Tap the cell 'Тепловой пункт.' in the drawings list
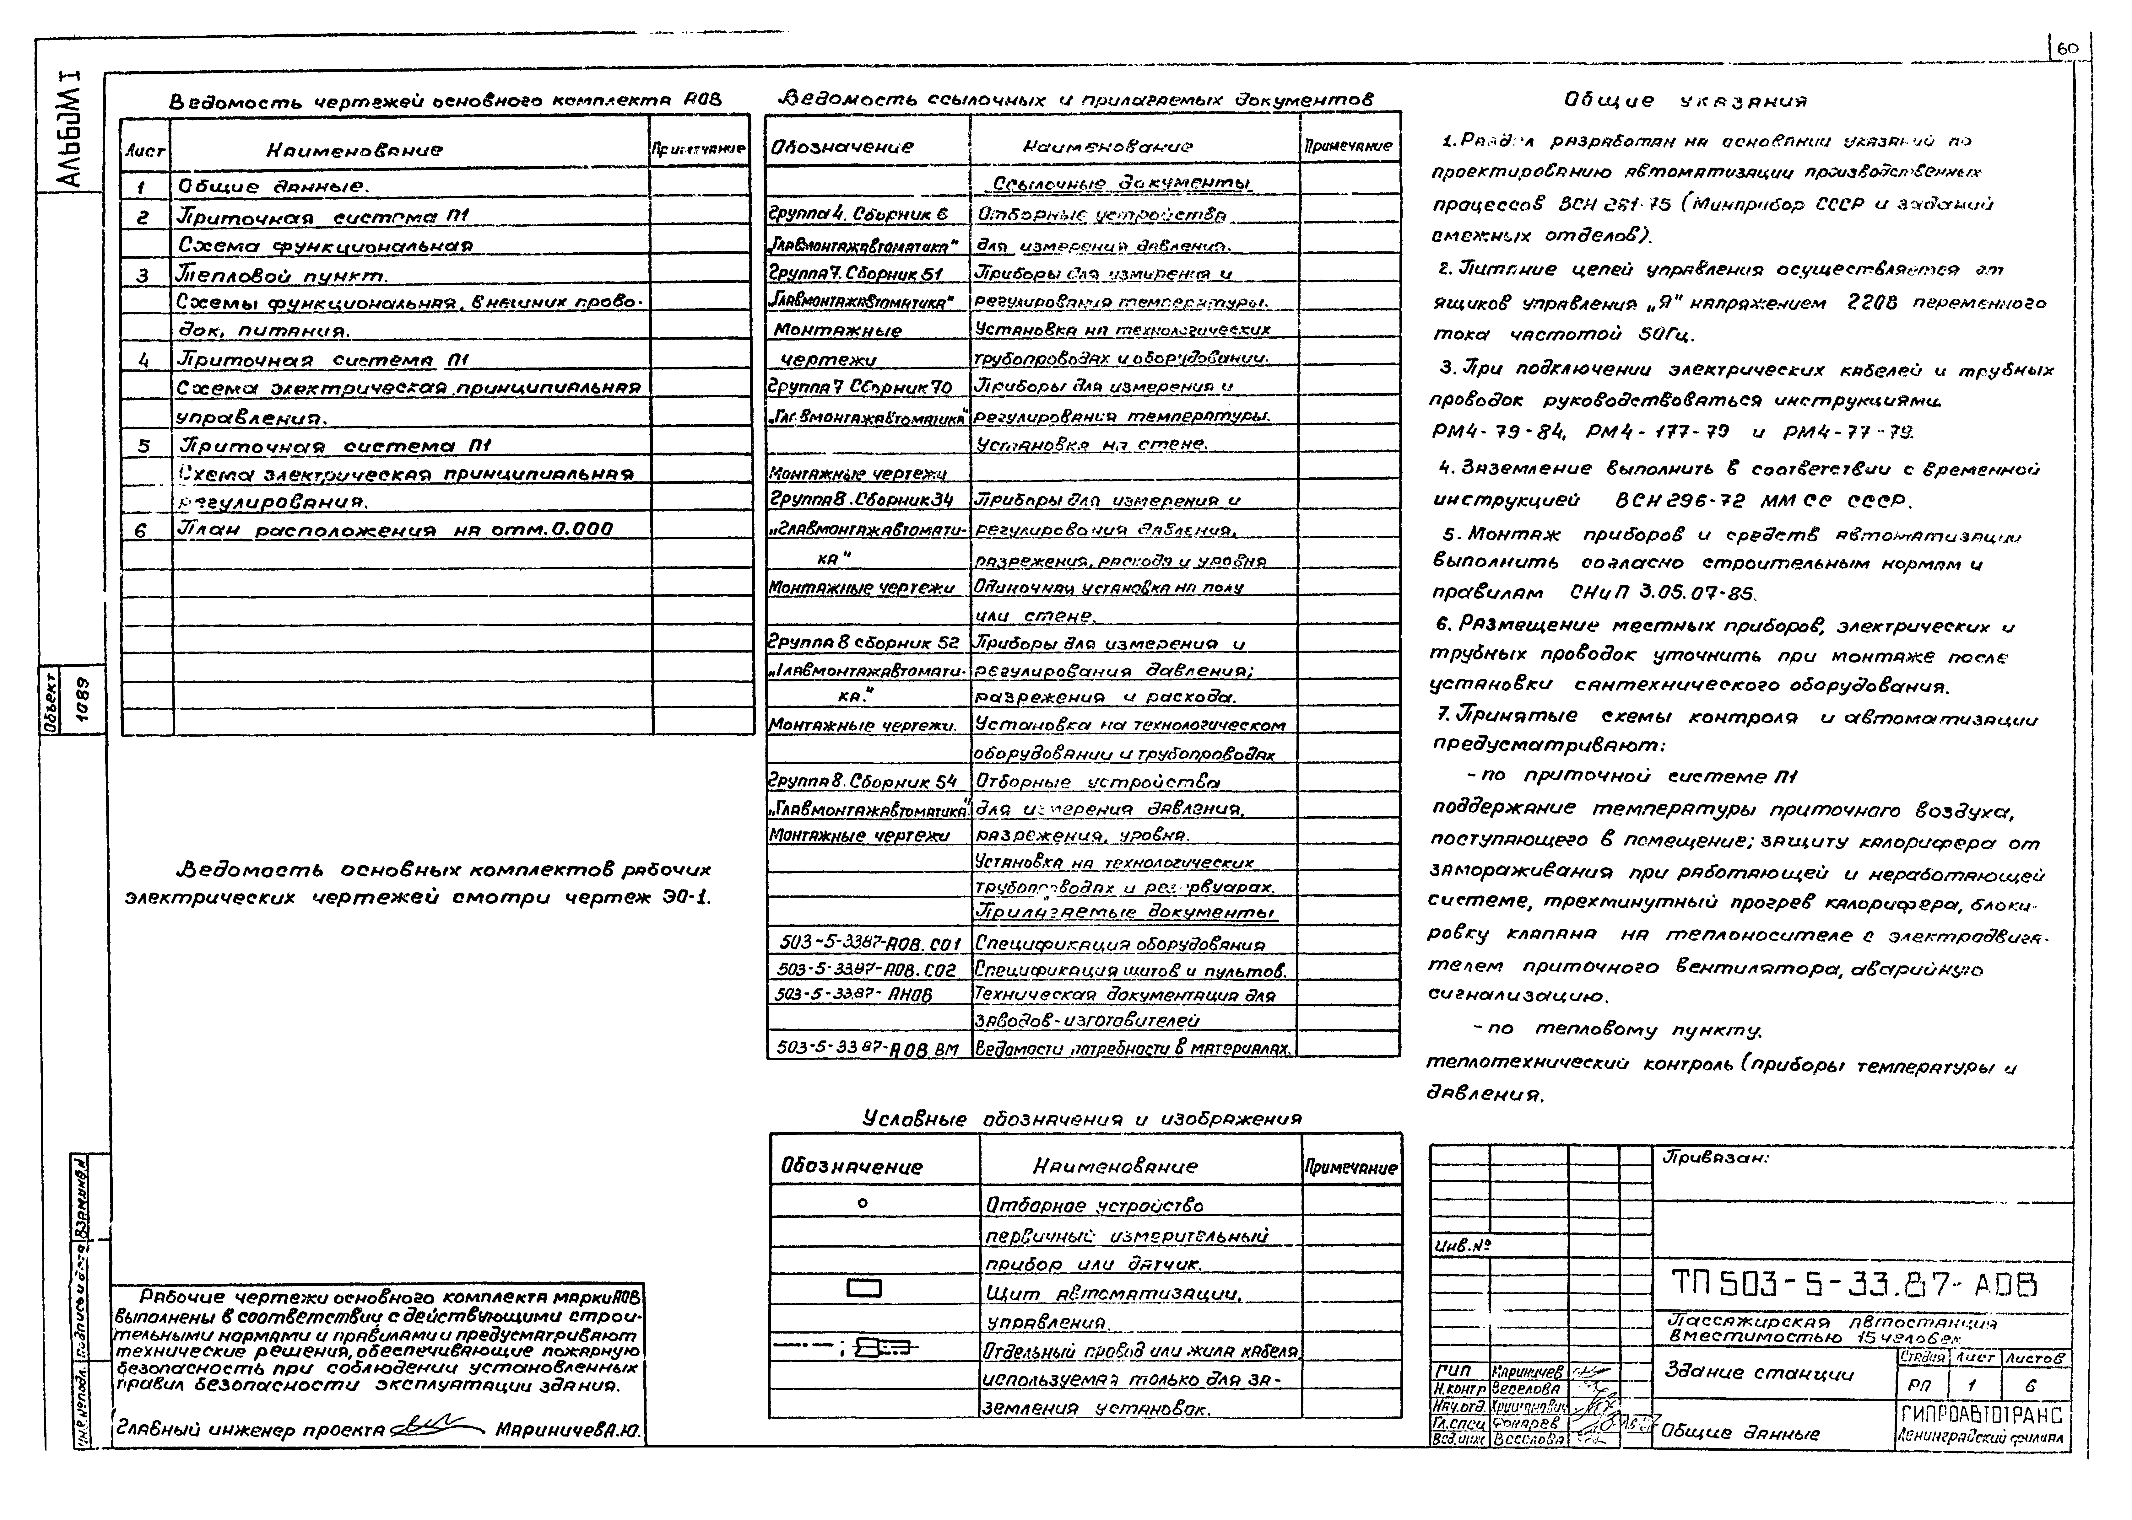point(281,276)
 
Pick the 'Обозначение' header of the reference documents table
point(841,147)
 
